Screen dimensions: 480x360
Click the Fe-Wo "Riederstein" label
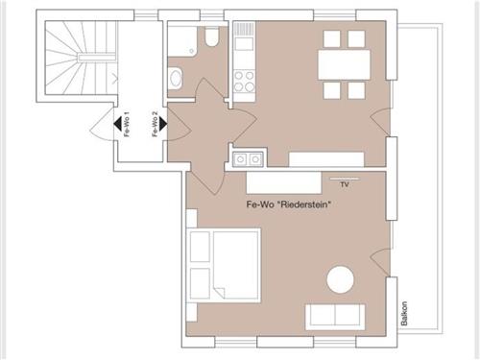(288, 204)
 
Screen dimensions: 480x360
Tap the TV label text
(345, 184)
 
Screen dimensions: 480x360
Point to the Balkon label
(404, 313)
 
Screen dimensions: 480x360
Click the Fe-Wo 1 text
(127, 124)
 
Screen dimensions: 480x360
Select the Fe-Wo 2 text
(155, 124)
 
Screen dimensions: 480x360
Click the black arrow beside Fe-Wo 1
(117, 124)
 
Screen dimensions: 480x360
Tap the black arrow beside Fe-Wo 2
(163, 124)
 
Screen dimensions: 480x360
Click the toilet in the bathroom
(211, 36)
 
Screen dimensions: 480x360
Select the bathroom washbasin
(176, 78)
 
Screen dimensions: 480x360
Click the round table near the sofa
(341, 280)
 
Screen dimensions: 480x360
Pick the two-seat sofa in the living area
(335, 317)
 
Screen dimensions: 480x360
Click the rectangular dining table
(344, 64)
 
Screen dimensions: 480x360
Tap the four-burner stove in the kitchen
(244, 82)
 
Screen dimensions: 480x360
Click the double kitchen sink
(249, 159)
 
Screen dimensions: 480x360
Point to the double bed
(224, 265)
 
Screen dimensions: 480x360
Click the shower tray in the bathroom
(182, 40)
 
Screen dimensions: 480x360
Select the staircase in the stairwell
(81, 58)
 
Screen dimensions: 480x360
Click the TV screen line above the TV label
(346, 180)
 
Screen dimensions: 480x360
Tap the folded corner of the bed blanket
(219, 293)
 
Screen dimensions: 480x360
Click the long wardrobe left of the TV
(283, 182)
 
